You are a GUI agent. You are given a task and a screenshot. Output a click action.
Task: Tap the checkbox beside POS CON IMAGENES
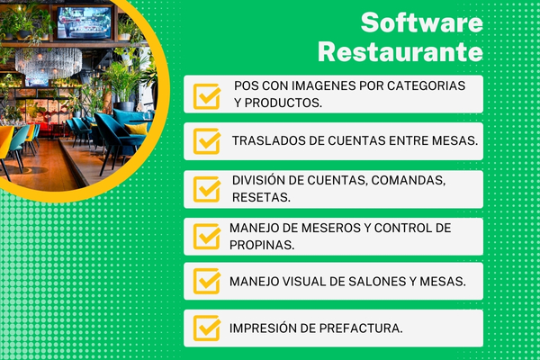(208, 94)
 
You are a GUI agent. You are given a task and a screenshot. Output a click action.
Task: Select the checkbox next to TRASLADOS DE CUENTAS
(208, 140)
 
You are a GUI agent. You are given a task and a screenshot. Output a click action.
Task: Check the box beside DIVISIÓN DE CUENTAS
(208, 187)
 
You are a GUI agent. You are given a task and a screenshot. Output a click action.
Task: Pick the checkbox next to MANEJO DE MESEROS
(208, 235)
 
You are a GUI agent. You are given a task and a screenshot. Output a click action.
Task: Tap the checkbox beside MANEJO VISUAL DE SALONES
(208, 282)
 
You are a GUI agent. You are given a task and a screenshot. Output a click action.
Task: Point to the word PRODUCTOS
(283, 103)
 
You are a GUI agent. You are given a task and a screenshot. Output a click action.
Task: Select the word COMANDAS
(405, 179)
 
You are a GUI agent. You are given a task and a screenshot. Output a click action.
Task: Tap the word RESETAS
(260, 196)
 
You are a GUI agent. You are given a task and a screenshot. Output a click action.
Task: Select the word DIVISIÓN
(261, 179)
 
